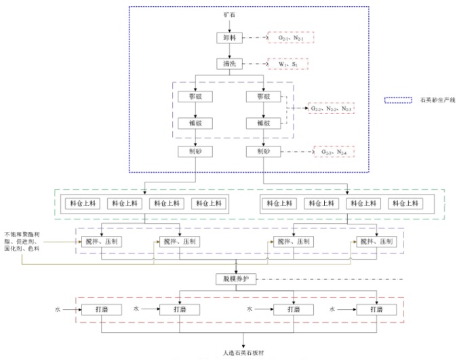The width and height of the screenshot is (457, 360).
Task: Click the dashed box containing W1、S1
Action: click(287, 64)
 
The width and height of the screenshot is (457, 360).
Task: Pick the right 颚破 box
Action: click(264, 97)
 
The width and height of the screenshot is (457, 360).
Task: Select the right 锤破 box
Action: click(264, 123)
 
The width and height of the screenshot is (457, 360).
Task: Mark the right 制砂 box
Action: click(264, 151)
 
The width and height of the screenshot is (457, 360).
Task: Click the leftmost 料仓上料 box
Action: click(83, 203)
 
